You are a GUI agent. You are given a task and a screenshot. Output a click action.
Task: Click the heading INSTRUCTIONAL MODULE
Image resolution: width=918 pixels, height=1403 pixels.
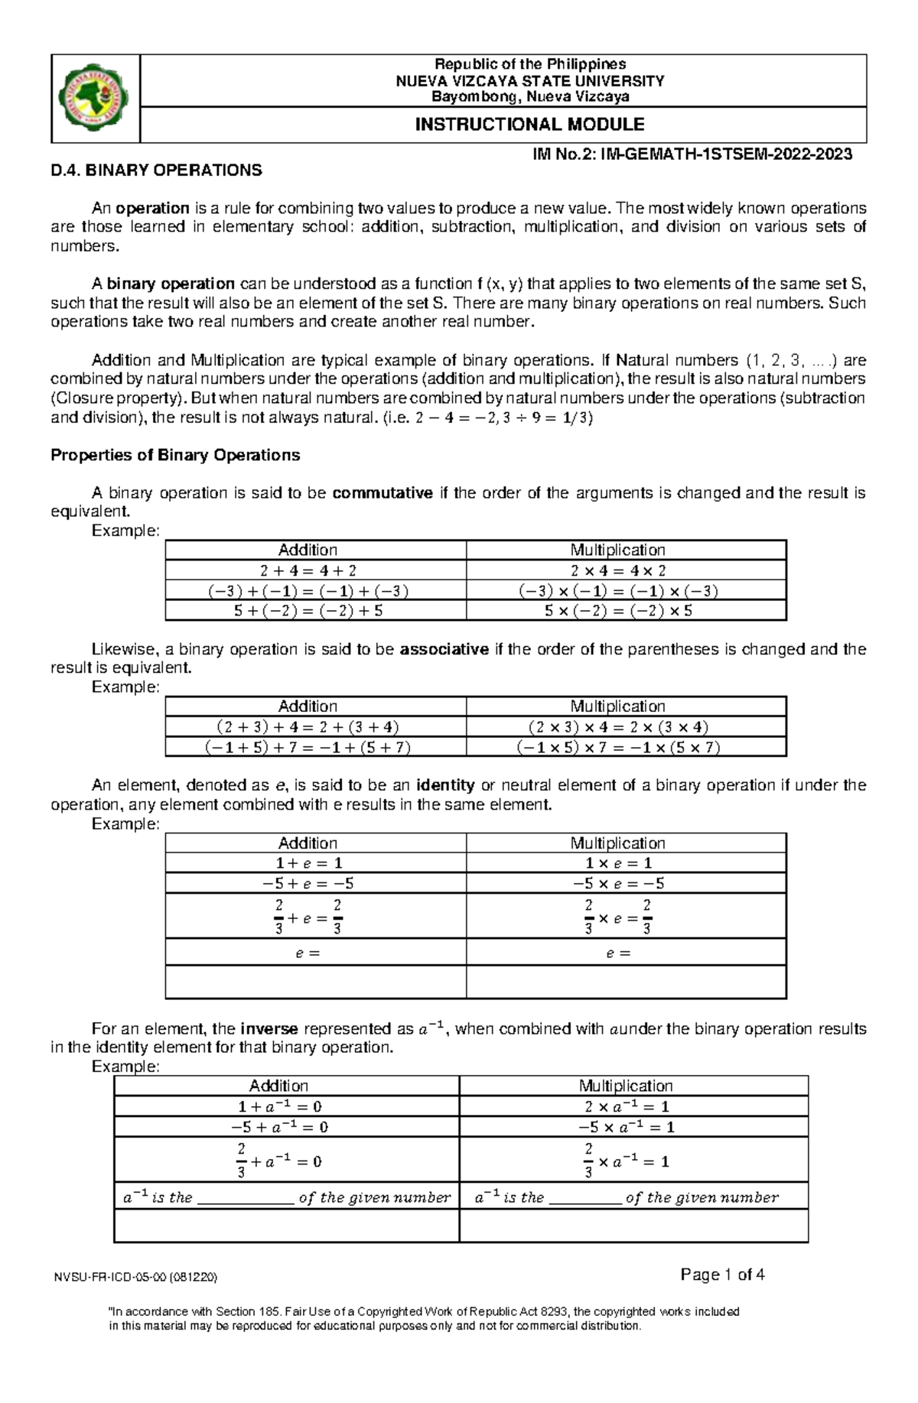click(x=529, y=125)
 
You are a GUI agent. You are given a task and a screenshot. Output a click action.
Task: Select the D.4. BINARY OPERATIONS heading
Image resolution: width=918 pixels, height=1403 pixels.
click(x=156, y=171)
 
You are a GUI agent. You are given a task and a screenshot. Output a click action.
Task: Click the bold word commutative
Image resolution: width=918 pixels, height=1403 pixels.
click(x=382, y=493)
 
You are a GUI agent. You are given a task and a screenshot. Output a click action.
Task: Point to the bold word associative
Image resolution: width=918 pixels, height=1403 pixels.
click(x=444, y=650)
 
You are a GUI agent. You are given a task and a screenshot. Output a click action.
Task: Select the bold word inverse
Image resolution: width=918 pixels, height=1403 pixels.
click(x=269, y=1029)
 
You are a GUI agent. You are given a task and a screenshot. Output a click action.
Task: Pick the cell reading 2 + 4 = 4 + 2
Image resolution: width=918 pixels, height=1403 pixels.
click(x=308, y=570)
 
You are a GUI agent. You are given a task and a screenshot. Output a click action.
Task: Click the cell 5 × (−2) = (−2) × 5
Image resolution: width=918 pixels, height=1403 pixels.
click(x=618, y=611)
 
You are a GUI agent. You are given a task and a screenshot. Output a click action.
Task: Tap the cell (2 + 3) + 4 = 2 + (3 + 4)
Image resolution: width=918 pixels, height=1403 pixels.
click(x=308, y=727)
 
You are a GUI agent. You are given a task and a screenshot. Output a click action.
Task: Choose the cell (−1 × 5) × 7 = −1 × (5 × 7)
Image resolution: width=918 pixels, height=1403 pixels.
click(x=618, y=748)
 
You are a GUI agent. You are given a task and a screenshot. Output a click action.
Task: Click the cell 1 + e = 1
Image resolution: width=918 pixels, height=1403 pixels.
click(x=308, y=863)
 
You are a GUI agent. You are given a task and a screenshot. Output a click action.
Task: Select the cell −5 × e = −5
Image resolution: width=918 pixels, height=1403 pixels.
click(x=618, y=884)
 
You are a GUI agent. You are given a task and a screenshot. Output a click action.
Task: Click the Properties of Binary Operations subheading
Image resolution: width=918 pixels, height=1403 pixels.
click(x=175, y=456)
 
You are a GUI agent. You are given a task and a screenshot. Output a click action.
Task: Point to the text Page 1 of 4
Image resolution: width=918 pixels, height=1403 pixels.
click(x=722, y=1275)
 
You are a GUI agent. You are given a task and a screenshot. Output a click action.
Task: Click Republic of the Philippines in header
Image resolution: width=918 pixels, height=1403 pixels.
click(x=529, y=64)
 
